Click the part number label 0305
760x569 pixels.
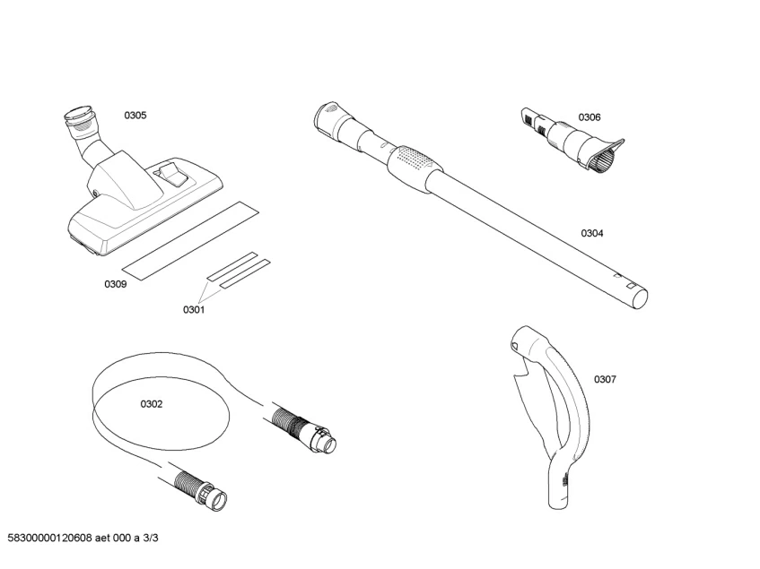[x=135, y=116]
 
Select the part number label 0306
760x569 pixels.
[x=590, y=117]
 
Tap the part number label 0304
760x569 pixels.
[x=592, y=233]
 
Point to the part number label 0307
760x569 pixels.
[x=606, y=379]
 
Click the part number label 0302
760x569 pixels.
[x=152, y=404]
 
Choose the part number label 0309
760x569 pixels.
[x=116, y=284]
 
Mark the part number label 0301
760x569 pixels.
[x=194, y=310]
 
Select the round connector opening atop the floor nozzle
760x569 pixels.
[x=79, y=114]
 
